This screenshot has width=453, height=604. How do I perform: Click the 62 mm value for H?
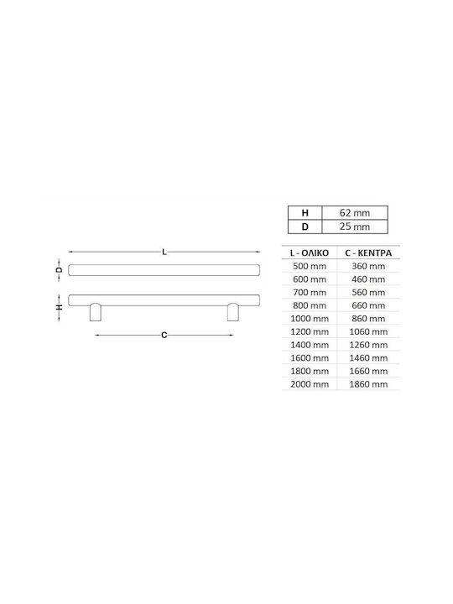click(x=354, y=212)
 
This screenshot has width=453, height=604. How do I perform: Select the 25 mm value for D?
click(x=354, y=226)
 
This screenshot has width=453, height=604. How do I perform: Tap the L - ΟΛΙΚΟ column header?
click(x=310, y=253)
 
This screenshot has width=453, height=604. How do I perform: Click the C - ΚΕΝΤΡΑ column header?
click(x=368, y=253)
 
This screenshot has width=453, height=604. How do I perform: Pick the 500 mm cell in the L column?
click(x=310, y=266)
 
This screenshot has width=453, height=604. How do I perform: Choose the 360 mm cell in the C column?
click(x=368, y=266)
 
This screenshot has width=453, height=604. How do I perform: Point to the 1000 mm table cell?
click(x=310, y=319)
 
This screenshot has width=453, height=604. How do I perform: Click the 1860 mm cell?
click(x=368, y=384)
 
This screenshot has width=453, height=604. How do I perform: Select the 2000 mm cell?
click(x=310, y=384)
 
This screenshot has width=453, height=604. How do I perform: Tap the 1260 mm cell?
click(x=368, y=345)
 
